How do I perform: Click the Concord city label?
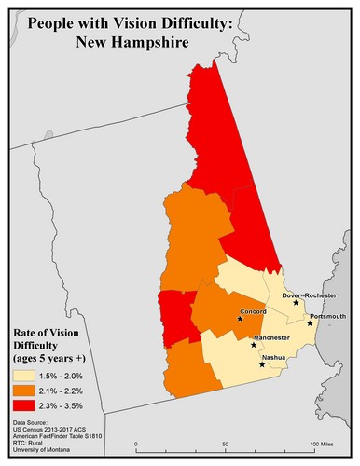[254, 311]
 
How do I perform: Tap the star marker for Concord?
[241, 319]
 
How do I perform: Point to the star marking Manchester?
[254, 345]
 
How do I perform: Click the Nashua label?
[273, 357]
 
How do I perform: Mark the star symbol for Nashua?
[262, 364]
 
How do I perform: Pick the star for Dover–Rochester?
[296, 303]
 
